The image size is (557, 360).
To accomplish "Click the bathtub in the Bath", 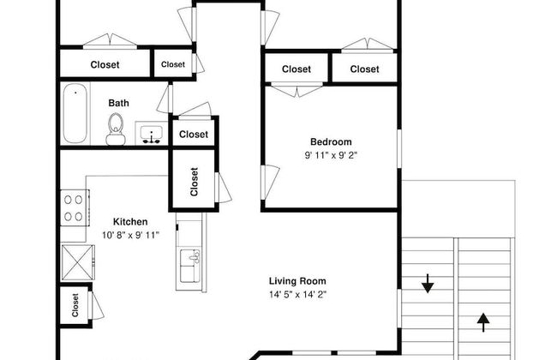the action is coord(75,113).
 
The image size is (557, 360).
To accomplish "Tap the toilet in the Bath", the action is coord(116,129).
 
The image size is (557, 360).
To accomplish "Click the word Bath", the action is coord(118,103).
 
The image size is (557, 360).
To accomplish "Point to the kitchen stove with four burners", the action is coord(75,208).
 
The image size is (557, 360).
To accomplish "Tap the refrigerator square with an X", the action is coord(77,262).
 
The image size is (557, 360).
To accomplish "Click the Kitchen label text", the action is coord(130,222).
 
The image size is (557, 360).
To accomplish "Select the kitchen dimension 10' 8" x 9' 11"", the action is coord(130,235).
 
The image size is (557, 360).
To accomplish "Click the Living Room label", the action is coord(297,281).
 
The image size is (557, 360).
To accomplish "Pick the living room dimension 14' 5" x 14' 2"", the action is coord(297,295).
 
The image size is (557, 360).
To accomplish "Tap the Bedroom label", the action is coord(331,141).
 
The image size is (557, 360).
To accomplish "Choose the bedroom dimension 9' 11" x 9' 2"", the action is coord(331,155).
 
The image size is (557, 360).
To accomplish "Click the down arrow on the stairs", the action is coord(428,284).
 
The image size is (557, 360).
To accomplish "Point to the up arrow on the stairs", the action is coord(483,322).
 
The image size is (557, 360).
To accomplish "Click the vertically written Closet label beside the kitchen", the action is coord(194,182).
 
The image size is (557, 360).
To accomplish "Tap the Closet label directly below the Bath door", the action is coord(194,135).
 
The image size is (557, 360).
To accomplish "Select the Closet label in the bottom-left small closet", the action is coord(75,305).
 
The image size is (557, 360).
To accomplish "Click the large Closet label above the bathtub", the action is coord(105,64).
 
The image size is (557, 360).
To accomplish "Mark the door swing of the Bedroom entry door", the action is coord(271,182).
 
